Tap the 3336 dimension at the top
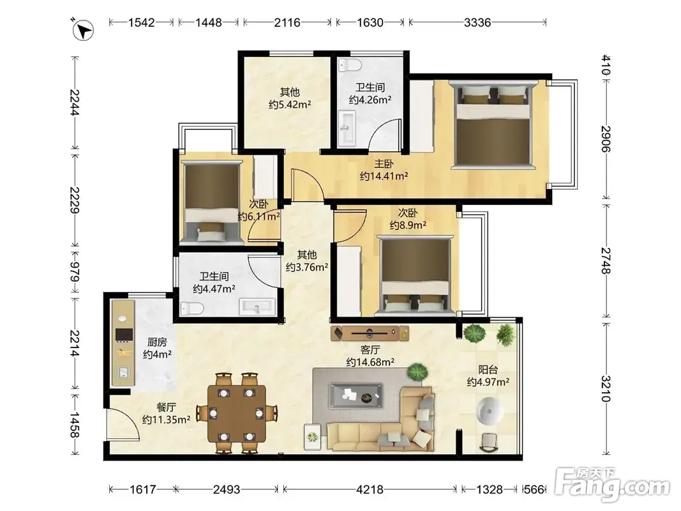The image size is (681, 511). (x=477, y=22)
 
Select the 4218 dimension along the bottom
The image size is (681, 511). (x=370, y=490)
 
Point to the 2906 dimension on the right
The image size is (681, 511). (x=606, y=139)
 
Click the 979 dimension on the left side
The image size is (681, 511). (x=75, y=271)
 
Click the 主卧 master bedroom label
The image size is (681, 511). (x=384, y=164)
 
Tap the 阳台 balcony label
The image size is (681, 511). (x=488, y=370)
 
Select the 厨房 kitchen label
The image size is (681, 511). (x=157, y=342)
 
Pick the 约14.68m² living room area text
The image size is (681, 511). (x=370, y=362)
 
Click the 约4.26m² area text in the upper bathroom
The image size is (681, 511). (x=370, y=100)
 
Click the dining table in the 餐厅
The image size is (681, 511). (x=237, y=413)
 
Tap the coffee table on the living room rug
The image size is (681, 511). (x=355, y=395)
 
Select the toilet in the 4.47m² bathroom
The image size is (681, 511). (x=192, y=309)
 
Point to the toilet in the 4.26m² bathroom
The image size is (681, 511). (x=350, y=65)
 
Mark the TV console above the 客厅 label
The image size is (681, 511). (x=370, y=333)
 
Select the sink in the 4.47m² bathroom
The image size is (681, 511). (x=257, y=307)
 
